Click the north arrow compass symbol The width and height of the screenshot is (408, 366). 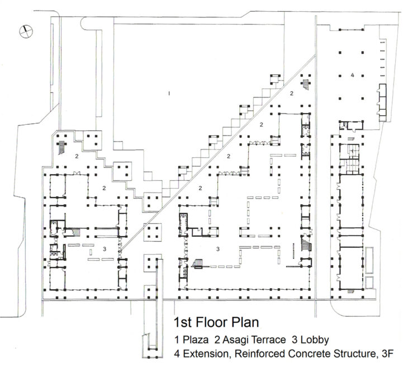click(26, 31)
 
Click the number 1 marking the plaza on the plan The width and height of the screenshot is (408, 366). click(169, 93)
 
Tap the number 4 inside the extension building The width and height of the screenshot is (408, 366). click(352, 75)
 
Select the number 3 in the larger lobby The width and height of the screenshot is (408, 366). click(218, 249)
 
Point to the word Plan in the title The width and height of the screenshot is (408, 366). click(245, 322)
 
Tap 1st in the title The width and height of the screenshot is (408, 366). click(183, 322)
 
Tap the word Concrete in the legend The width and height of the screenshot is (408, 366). click(309, 354)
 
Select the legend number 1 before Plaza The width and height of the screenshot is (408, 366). click(177, 340)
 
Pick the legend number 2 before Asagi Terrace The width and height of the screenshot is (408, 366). click(217, 340)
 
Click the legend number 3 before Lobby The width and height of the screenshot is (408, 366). click(295, 340)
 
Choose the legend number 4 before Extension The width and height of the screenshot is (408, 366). click(177, 354)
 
